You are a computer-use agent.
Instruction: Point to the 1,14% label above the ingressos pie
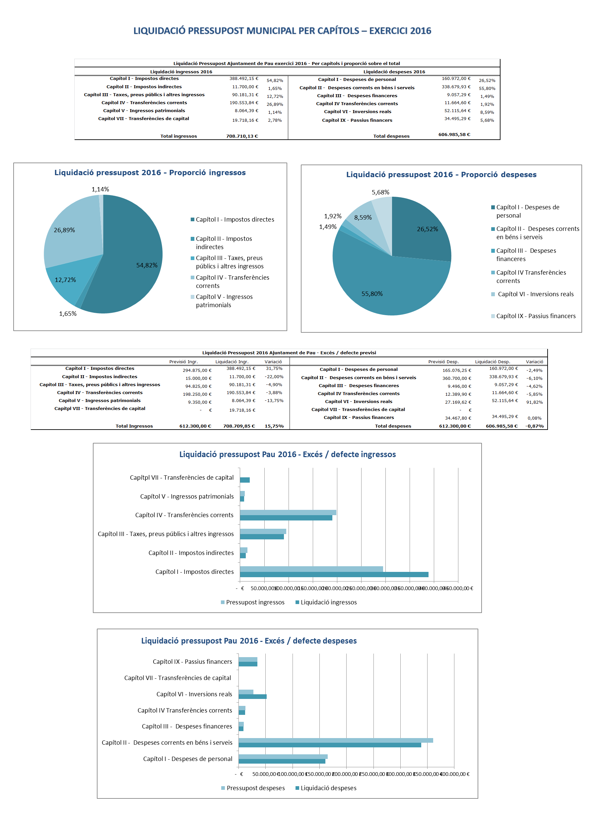tap(100, 189)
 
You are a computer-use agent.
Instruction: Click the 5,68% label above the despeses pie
tap(380, 192)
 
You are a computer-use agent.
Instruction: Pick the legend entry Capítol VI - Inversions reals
tap(535, 294)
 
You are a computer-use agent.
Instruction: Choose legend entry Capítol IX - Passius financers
tap(536, 316)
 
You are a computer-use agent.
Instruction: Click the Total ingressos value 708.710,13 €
tap(242, 136)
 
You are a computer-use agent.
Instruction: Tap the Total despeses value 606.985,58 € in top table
tap(454, 134)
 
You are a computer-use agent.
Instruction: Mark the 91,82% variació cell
tap(534, 402)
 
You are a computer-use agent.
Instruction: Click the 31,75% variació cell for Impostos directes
tap(274, 369)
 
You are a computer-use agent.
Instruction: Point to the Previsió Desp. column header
tap(443, 362)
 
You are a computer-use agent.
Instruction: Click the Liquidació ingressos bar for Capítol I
tap(334, 575)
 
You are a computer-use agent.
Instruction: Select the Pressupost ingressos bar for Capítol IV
tap(288, 512)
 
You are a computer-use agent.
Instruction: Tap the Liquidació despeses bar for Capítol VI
tap(252, 697)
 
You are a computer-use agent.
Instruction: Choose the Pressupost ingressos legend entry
tap(255, 602)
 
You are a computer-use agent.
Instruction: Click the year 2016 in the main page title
tap(420, 31)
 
